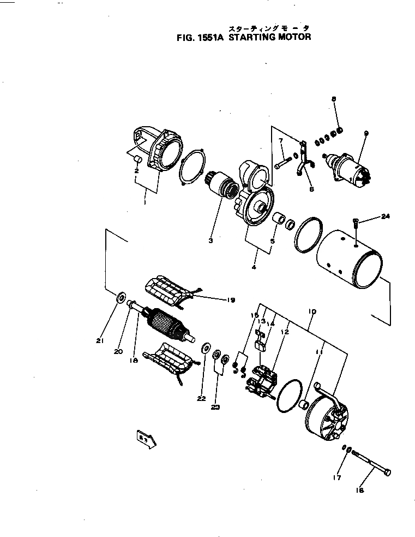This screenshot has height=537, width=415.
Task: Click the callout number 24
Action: pyautogui.click(x=386, y=217)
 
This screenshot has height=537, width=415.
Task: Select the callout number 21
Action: pyautogui.click(x=99, y=341)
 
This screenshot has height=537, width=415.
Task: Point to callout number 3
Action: pyautogui.click(x=210, y=239)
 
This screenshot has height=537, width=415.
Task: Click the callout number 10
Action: pyautogui.click(x=311, y=311)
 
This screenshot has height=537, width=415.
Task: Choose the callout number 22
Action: pyautogui.click(x=202, y=398)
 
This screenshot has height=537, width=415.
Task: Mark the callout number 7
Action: pyautogui.click(x=280, y=141)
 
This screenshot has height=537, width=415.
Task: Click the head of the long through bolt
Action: pyautogui.click(x=388, y=471)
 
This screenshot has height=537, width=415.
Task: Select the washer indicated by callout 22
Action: pyautogui.click(x=207, y=347)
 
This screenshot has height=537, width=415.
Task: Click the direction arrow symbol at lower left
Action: pyautogui.click(x=146, y=439)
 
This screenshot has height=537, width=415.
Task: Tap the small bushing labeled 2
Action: pyautogui.click(x=139, y=160)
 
